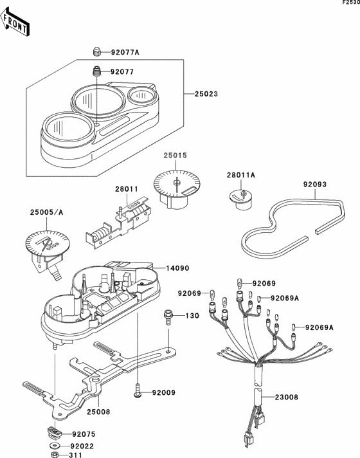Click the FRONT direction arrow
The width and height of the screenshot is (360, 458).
[x=15, y=23]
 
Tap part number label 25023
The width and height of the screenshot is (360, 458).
[x=206, y=94]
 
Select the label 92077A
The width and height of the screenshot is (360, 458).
[x=125, y=52]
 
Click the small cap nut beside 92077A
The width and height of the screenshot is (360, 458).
[x=96, y=51]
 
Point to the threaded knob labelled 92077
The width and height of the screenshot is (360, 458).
[x=96, y=71]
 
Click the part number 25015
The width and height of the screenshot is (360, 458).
[x=175, y=156]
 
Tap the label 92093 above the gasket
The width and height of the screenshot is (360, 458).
[x=315, y=185]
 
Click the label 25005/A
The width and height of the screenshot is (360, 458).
[x=46, y=212]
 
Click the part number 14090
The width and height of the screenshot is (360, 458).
[x=177, y=268]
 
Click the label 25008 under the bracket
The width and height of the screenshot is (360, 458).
[x=98, y=412]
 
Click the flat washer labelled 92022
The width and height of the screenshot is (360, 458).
[x=54, y=446]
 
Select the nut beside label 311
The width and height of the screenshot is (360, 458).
[x=54, y=455]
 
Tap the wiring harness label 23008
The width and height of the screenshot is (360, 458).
[x=287, y=397]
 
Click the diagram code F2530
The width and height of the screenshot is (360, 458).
[x=351, y=3]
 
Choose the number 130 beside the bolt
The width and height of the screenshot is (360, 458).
[x=192, y=316]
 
